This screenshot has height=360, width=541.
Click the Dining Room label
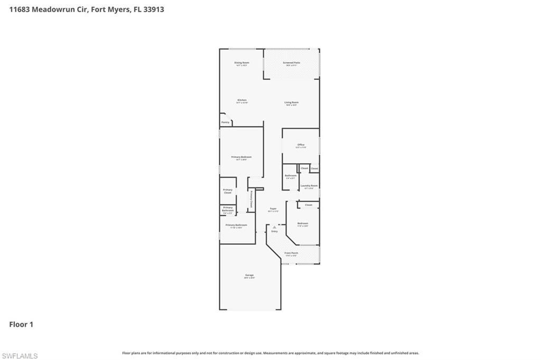click(x=241, y=63)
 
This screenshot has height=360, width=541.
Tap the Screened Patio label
click(x=291, y=63)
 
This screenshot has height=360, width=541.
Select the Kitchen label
click(x=241, y=100)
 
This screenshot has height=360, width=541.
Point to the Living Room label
click(x=291, y=102)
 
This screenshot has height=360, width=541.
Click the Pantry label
click(x=226, y=122)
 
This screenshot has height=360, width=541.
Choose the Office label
click(x=301, y=145)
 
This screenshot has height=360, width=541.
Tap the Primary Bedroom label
click(x=241, y=157)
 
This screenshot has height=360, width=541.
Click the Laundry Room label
click(x=309, y=186)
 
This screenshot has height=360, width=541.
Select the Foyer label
click(x=273, y=209)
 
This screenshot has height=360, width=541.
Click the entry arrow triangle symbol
click(x=274, y=227)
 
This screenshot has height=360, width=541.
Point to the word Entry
click(x=274, y=231)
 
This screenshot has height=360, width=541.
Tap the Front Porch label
click(x=291, y=253)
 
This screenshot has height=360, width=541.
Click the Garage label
click(x=249, y=275)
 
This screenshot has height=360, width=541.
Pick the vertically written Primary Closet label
click(x=251, y=199)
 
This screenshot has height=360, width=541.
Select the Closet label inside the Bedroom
click(x=309, y=205)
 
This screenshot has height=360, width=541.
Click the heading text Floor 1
click(x=21, y=325)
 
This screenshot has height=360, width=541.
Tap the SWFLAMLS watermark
click(x=20, y=356)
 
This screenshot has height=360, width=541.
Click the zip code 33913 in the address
click(x=153, y=9)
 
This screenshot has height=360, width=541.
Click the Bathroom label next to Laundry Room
click(x=291, y=176)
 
